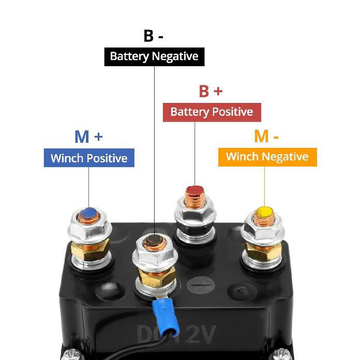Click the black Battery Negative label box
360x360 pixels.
[x=154, y=57]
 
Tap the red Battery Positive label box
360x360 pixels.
[x=212, y=112]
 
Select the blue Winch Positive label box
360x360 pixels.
[x=89, y=158]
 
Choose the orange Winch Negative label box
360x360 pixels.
[x=267, y=157]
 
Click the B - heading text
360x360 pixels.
[x=154, y=36]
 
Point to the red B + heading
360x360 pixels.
[x=211, y=91]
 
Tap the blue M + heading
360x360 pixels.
[x=88, y=137]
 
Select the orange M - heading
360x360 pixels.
[x=266, y=136]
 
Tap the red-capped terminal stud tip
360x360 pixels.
[x=194, y=190]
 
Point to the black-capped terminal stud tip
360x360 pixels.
[x=154, y=239]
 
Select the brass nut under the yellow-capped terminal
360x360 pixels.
[x=263, y=251]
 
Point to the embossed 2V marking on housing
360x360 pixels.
[x=200, y=334]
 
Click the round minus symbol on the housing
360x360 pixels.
[x=201, y=285]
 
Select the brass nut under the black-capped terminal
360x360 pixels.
[x=156, y=276]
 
